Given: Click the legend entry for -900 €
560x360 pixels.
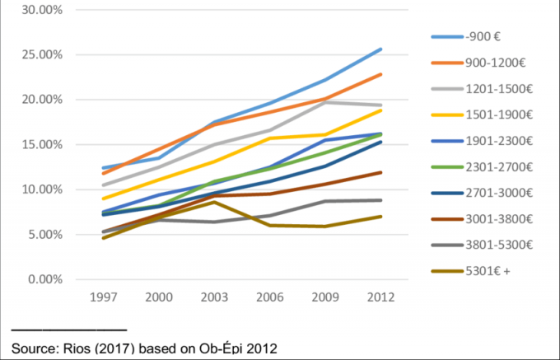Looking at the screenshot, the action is point(483,37).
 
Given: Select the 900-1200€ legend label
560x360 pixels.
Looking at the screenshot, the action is point(496,63).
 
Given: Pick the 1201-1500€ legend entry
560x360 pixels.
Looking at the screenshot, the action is point(499,89).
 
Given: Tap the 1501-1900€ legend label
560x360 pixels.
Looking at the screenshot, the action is point(499,115).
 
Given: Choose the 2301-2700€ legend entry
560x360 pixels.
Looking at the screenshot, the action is point(499,167).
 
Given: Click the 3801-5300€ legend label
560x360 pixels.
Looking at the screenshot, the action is point(499,245).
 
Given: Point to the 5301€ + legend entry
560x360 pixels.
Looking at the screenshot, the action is point(488,271).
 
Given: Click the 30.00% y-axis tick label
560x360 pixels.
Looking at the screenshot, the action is point(42,10).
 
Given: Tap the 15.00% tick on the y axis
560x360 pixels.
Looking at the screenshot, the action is point(42,145).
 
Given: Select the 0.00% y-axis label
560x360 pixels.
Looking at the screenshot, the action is point(45,279).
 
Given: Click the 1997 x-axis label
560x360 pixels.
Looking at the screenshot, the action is point(104,297).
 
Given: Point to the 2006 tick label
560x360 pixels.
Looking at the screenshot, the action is point(270,297).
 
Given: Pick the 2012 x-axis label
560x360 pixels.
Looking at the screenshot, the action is point(381,297).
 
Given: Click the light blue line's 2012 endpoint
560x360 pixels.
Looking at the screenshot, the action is point(380,49).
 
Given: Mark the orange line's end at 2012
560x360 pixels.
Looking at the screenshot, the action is point(380,75).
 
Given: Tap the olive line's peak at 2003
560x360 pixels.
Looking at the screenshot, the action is point(214,202).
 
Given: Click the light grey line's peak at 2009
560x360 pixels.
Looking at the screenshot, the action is point(325,102).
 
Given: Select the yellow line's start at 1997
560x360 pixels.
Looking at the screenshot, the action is point(104,199).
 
